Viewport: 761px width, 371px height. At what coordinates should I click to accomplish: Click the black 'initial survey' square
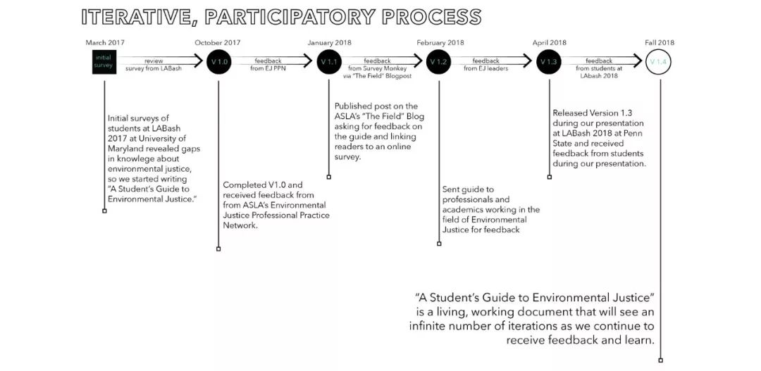(104, 61)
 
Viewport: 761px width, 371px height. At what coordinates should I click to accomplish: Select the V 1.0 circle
(218, 62)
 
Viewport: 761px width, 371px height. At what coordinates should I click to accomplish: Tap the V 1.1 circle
(328, 62)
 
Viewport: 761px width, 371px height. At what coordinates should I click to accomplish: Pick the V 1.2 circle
(438, 62)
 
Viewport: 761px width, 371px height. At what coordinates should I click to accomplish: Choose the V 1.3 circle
(548, 62)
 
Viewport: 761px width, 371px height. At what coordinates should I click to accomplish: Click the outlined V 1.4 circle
(659, 62)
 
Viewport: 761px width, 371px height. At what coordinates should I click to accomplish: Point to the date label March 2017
(105, 42)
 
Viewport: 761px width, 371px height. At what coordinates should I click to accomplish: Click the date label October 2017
(218, 42)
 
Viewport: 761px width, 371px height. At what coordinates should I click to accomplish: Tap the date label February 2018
(440, 42)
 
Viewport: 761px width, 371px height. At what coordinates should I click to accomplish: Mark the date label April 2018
(550, 42)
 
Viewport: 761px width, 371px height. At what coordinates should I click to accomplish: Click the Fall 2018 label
(660, 42)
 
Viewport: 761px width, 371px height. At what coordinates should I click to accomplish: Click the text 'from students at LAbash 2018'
(597, 72)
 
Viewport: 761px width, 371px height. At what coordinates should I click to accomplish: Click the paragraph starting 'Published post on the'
(379, 132)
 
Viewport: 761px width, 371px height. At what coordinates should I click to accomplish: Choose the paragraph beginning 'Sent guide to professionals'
(490, 209)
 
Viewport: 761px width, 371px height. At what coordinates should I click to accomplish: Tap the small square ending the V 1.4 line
(660, 360)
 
